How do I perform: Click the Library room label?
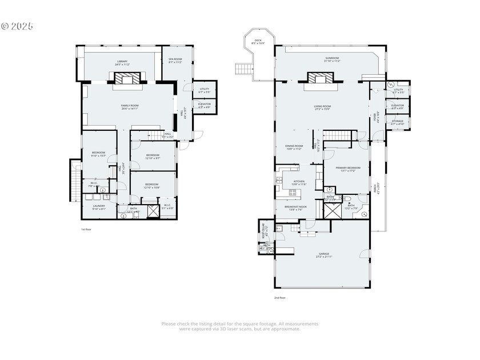122,63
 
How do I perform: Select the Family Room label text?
130,107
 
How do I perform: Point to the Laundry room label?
98,207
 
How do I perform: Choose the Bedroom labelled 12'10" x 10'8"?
151,186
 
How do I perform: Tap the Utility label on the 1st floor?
204,90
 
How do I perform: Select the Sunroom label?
332,59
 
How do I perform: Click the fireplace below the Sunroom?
317,78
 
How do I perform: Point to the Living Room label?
322,107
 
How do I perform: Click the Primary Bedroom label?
345,169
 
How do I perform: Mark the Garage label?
323,255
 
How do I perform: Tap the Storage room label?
397,122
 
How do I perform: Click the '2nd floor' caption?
279,297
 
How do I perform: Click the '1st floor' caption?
86,229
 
